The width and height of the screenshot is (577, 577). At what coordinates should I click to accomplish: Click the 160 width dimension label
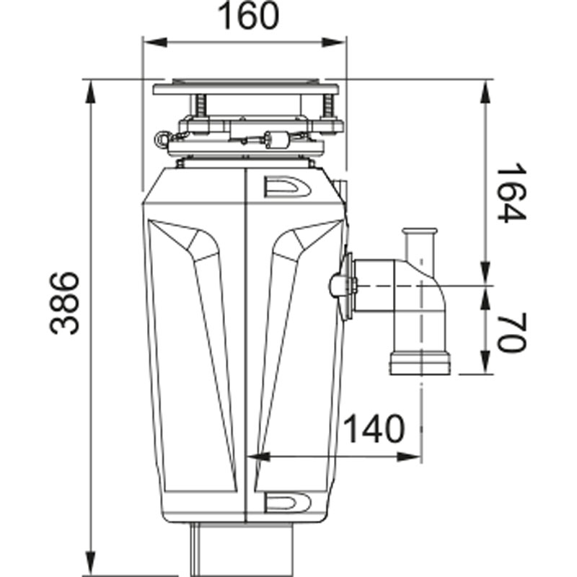click(248, 16)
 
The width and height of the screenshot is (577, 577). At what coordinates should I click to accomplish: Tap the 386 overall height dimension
click(64, 303)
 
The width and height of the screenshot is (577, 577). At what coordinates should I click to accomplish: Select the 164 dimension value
click(511, 193)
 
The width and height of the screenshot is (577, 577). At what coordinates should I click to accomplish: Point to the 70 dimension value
click(511, 332)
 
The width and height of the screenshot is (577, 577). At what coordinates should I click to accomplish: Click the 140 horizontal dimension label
click(374, 429)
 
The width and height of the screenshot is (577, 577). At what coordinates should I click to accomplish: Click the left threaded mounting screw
click(200, 105)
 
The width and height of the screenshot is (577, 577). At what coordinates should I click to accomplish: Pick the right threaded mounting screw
click(327, 105)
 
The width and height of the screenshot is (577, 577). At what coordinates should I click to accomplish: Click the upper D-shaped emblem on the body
click(287, 187)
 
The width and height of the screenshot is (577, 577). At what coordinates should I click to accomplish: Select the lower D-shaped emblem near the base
click(287, 502)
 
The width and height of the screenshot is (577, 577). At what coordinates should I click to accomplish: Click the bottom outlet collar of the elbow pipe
click(420, 364)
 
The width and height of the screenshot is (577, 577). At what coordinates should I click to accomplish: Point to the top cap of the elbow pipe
click(420, 232)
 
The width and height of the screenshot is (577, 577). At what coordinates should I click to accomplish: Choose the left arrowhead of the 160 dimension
click(155, 43)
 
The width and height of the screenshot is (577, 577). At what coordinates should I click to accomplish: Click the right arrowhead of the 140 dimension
click(408, 457)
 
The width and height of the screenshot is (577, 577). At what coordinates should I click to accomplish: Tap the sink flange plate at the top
click(246, 89)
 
